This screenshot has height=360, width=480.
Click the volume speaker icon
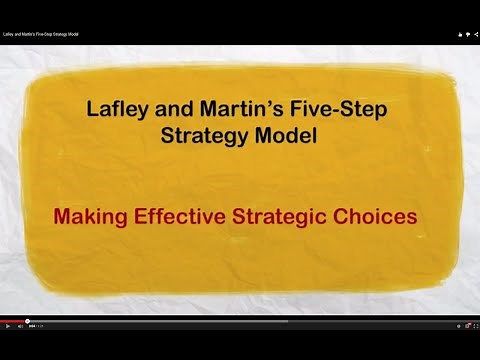pyautogui.click(x=20, y=326)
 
